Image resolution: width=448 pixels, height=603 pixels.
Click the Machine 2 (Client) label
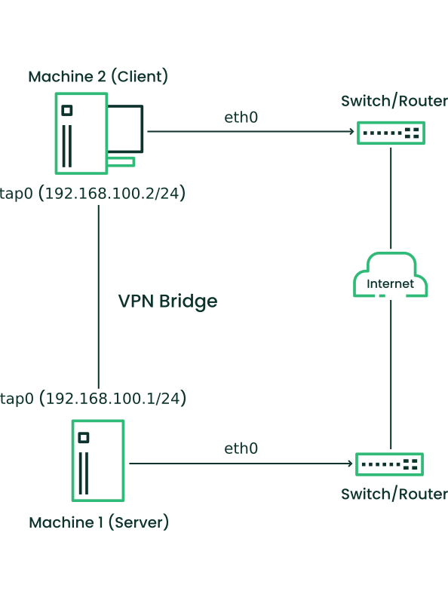coord(98,77)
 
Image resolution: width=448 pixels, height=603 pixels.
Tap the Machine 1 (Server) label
coord(99,522)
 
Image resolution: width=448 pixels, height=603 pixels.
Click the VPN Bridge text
coord(167,301)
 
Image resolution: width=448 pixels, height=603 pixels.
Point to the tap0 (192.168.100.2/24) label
coord(92,193)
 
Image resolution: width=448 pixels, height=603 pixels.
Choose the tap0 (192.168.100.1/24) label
coord(93,398)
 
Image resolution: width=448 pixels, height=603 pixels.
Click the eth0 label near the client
coord(241,118)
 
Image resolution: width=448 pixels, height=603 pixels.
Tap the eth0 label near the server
coord(241,448)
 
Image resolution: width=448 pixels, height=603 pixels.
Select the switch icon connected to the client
coord(391,133)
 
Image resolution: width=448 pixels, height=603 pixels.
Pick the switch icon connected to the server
coord(389,464)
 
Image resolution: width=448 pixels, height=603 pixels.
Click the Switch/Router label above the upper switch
coord(394,101)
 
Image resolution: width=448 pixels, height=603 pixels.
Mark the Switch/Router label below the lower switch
coord(394,494)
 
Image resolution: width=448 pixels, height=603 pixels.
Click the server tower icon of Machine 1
coord(98,461)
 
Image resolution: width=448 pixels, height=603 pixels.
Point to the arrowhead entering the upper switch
coord(351,131)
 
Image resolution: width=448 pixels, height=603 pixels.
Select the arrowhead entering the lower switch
coord(350,464)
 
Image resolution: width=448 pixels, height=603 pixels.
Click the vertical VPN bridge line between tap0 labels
coord(99,296)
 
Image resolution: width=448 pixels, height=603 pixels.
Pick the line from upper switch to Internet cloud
coord(391,198)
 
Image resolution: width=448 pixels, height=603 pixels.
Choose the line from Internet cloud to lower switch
coord(391,375)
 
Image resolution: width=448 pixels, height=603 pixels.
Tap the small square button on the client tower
coord(67,110)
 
